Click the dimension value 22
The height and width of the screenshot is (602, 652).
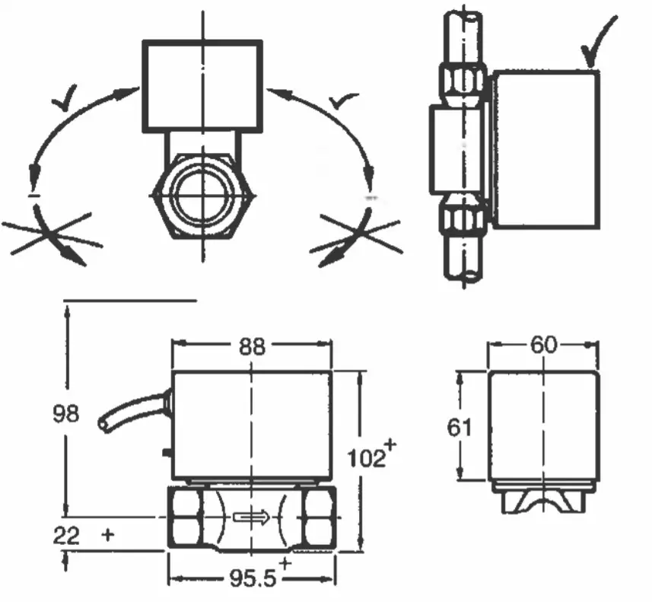tap(67, 535)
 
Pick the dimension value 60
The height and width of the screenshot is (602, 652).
tap(543, 345)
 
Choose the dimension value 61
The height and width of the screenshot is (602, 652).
tap(459, 427)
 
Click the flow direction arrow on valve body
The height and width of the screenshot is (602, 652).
tap(252, 518)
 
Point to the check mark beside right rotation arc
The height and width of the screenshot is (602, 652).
tap(343, 99)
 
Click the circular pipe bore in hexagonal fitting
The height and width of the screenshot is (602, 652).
tap(202, 195)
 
